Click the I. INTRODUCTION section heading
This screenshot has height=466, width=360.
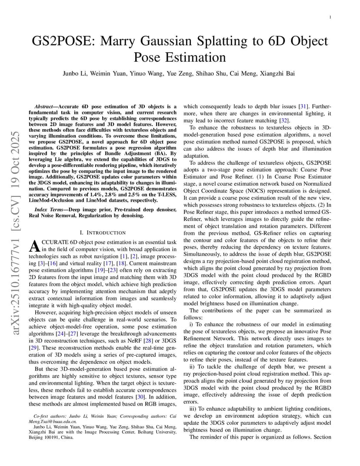point(103,233)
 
